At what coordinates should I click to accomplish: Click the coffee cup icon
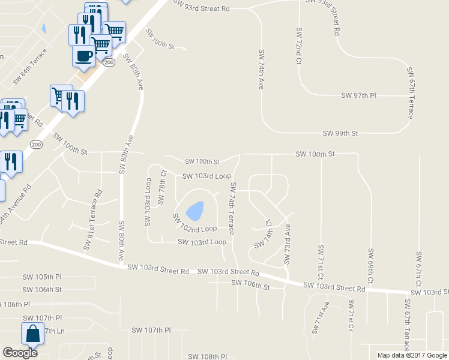pos(83,56)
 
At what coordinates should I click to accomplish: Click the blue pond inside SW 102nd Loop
pos(194,210)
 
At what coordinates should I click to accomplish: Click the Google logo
pos(20,353)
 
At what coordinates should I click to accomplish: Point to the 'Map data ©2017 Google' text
pos(412,355)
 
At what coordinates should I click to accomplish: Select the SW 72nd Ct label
pos(298,46)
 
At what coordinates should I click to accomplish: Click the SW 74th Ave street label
pos(261,70)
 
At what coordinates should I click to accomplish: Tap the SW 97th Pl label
pos(358,95)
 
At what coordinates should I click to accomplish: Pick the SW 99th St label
pos(340,133)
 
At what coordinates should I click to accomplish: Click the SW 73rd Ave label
pos(288,244)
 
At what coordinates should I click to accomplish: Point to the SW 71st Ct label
pos(321,262)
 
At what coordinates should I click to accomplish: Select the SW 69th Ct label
pos(371,266)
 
